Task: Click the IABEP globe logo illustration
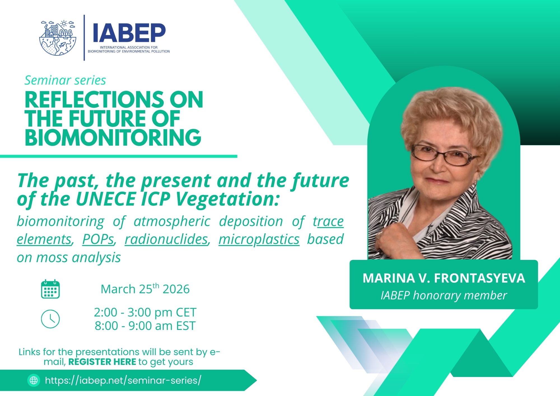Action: coord(58,38)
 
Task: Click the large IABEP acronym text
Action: coord(129,33)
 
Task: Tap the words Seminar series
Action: coord(65,80)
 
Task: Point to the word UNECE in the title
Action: coord(106,199)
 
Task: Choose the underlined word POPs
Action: coord(98,239)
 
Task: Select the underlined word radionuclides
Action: coord(167,239)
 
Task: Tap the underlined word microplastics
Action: coord(259,240)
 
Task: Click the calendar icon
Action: coord(50,289)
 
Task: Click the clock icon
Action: coord(50,319)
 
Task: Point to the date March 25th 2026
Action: coord(145,289)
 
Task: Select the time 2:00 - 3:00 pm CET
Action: coord(145,312)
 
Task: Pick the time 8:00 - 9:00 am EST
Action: coord(145,326)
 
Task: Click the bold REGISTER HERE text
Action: coord(102,362)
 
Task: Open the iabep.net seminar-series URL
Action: coord(123,380)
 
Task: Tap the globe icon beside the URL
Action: coord(34,380)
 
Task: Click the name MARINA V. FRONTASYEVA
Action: coord(444,278)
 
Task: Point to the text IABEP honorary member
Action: coord(444,295)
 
